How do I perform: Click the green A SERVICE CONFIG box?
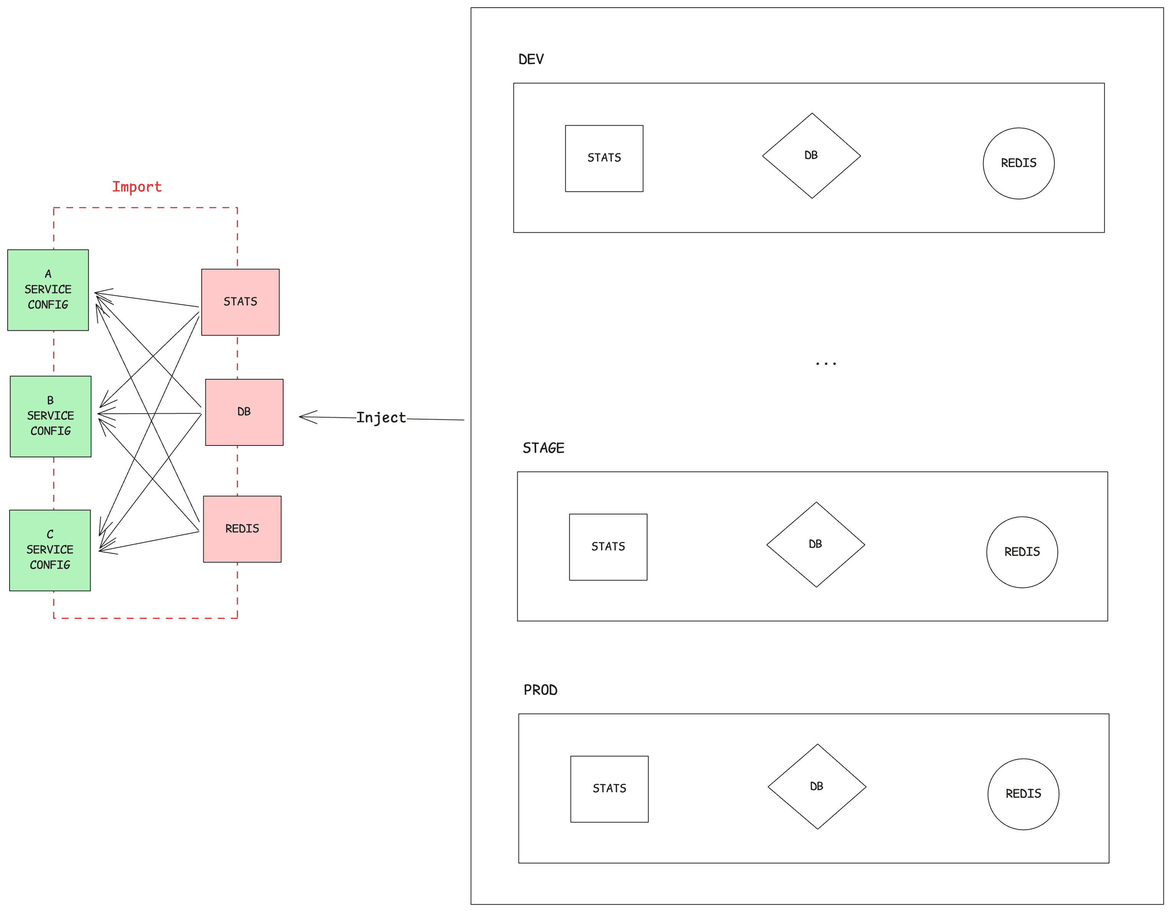tap(48, 290)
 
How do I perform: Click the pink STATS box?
tap(240, 302)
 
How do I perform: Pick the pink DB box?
tap(244, 412)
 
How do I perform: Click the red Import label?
tap(137, 187)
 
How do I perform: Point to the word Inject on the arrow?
tap(381, 418)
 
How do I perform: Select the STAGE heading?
tap(543, 448)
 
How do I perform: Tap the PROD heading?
tap(540, 690)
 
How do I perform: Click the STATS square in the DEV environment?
tap(604, 158)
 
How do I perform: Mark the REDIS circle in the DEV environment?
tap(1019, 163)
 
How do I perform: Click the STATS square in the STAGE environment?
tap(608, 547)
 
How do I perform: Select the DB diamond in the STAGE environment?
tap(815, 545)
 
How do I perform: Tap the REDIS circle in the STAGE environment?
tap(1022, 552)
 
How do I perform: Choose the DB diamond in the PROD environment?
tap(817, 786)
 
